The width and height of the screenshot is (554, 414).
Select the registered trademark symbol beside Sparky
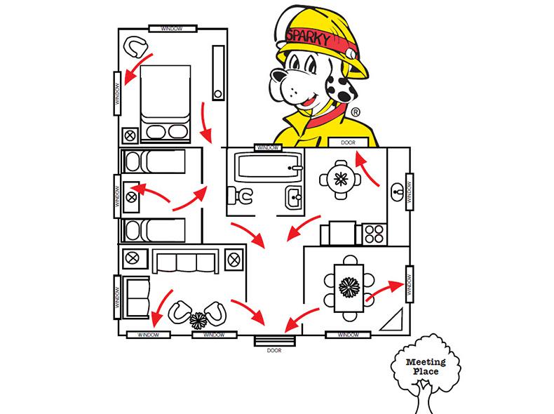(x=356, y=112)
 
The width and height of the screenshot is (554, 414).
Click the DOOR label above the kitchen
(x=348, y=142)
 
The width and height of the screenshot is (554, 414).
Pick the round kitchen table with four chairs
(x=342, y=178)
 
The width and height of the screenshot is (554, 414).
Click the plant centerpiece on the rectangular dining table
(x=349, y=286)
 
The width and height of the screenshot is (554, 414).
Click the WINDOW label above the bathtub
(x=267, y=148)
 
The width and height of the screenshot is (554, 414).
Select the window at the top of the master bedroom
(x=172, y=28)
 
